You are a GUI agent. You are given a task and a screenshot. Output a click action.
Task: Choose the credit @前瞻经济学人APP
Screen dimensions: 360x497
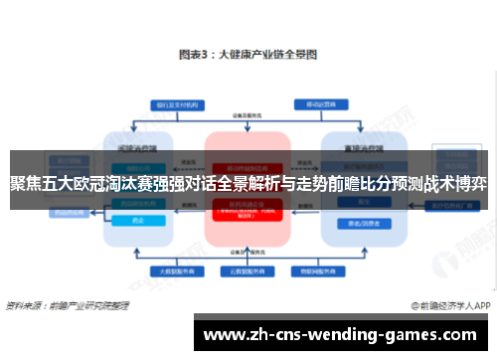point(438,303)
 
